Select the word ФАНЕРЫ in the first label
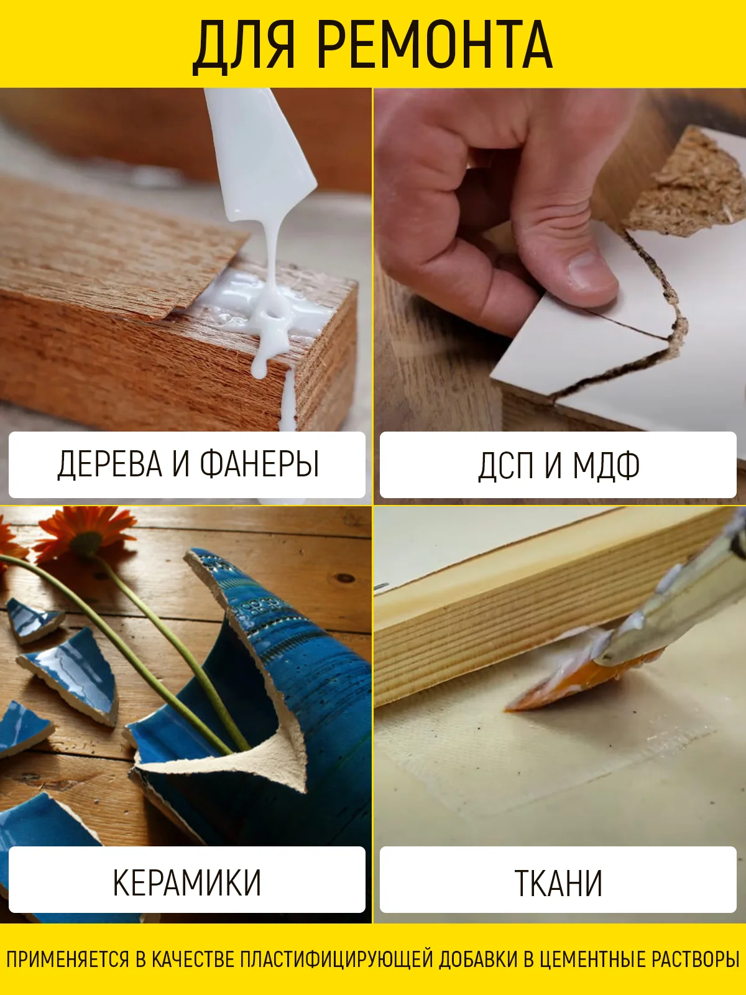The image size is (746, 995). (259, 464)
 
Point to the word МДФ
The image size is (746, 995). (607, 465)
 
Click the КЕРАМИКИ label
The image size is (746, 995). (187, 883)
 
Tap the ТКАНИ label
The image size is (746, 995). (558, 883)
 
